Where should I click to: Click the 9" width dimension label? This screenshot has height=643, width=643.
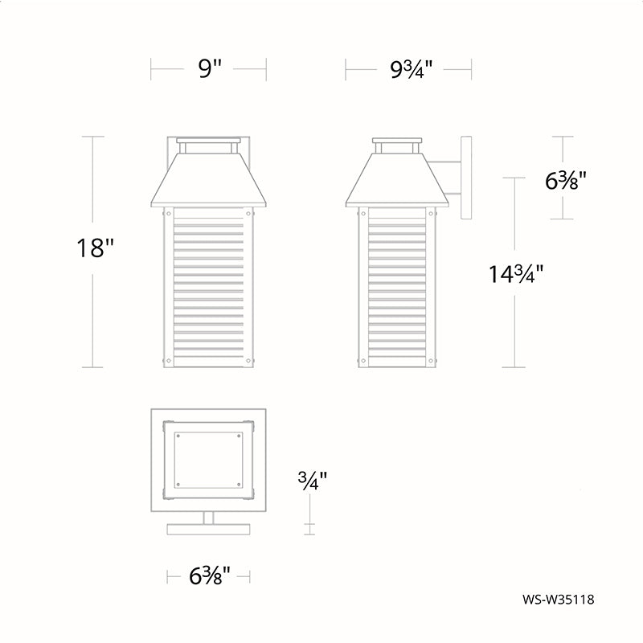(210, 68)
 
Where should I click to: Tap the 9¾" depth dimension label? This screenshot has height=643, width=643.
(411, 69)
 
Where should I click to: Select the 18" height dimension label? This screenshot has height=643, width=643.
(94, 248)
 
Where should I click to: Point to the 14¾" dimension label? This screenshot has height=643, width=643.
(515, 273)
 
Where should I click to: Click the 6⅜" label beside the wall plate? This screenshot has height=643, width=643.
(565, 180)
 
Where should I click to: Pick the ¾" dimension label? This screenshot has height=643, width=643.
(313, 481)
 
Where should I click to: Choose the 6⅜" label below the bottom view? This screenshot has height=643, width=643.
(209, 575)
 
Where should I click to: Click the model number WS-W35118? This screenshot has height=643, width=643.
(558, 600)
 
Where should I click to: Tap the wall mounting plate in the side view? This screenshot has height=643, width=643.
(466, 178)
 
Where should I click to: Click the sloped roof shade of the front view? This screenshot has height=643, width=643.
(209, 179)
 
